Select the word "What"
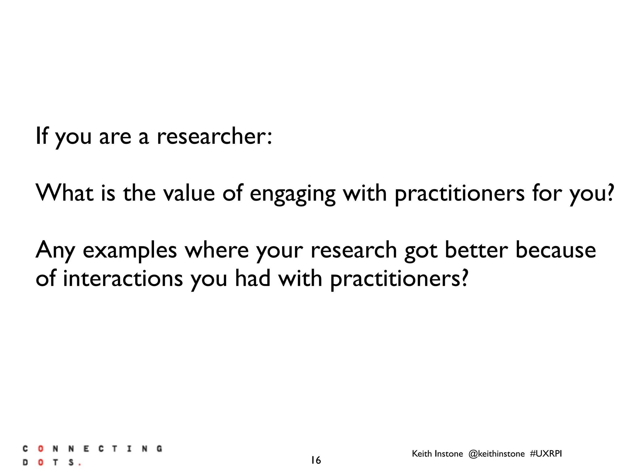tap(64, 193)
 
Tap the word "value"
tap(189, 193)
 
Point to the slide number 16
tap(316, 460)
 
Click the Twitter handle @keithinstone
tap(496, 454)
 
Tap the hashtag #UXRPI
tap(546, 454)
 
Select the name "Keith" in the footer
tap(422, 454)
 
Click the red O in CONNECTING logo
tap(40, 449)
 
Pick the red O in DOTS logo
tap(40, 463)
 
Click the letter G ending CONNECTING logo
tap(159, 449)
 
